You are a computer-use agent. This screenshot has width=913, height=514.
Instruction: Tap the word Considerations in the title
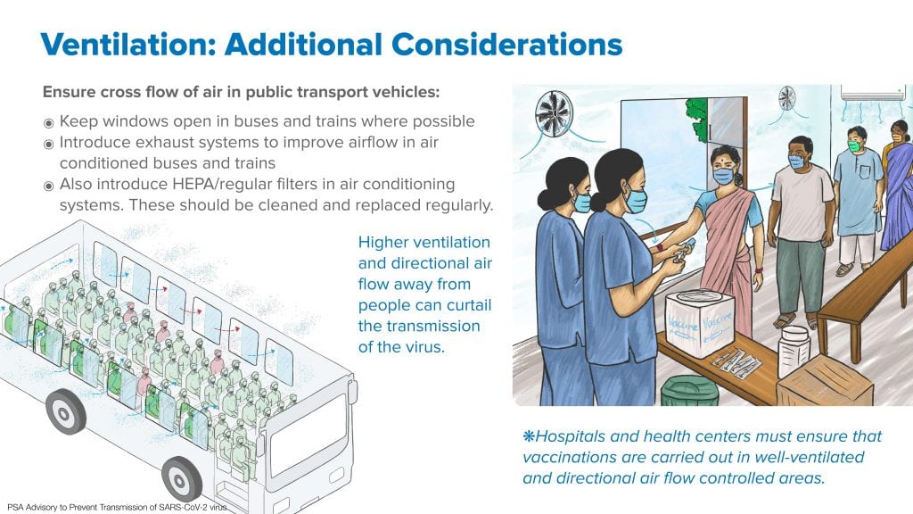tap(506, 45)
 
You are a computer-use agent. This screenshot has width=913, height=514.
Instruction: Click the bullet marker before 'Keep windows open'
tap(49, 123)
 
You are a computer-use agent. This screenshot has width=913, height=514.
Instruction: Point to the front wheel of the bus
tap(182, 479)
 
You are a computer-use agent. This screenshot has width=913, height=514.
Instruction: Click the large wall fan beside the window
tap(554, 113)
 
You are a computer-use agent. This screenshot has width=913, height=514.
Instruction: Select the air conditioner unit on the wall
tap(872, 92)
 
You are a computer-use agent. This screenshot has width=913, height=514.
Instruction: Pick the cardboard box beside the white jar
tap(824, 382)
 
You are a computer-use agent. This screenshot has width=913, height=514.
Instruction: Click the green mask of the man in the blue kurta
tap(854, 145)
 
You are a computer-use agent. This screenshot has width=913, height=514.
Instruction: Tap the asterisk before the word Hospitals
tap(529, 435)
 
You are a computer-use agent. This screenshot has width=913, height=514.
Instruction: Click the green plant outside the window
tap(696, 119)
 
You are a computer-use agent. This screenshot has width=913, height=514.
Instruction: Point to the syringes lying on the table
tap(736, 363)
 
